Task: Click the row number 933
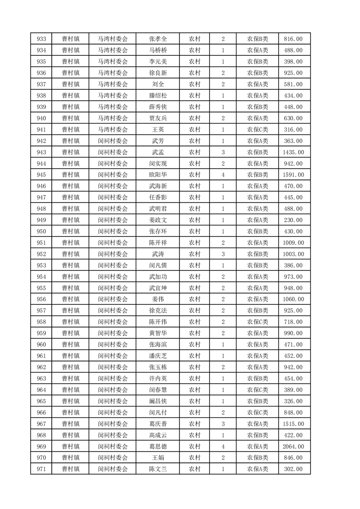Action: coord(41,39)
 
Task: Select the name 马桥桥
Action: coord(158,50)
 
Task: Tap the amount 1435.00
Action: coord(293,152)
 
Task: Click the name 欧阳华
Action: coord(158,175)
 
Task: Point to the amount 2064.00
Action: coord(293,446)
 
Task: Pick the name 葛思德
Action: coord(158,446)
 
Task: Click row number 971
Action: coord(41,469)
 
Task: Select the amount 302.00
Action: coord(293,469)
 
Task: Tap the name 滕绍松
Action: coord(158,96)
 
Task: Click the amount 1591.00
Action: coord(293,175)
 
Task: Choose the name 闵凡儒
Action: coord(158,265)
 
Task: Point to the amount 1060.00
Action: coord(293,299)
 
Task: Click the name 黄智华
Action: coord(158,333)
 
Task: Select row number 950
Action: coord(41,231)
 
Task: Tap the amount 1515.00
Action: coord(293,424)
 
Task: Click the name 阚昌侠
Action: coord(158,401)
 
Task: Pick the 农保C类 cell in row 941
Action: coord(257,129)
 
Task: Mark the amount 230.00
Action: coord(293,220)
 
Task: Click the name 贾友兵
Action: coord(158,118)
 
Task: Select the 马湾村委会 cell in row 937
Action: coord(113,84)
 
